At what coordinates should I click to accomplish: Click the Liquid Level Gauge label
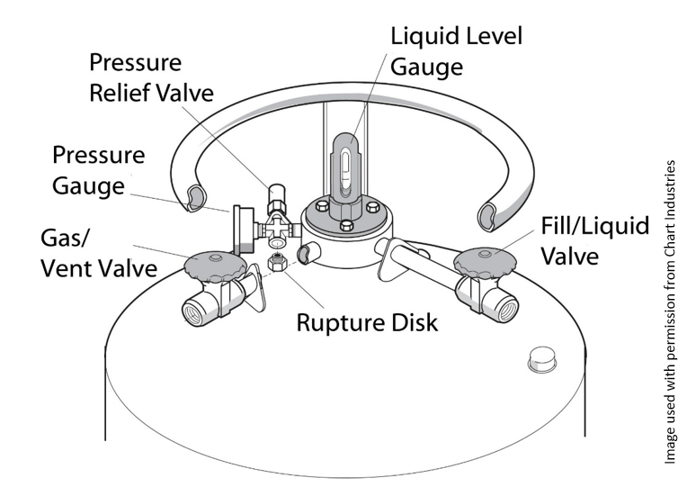[455, 51]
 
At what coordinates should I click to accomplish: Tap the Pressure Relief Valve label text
[151, 78]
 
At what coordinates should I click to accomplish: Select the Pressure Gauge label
[98, 170]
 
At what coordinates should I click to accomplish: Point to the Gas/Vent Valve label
[98, 254]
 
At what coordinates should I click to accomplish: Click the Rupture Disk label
[367, 321]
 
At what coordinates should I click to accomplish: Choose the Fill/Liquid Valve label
[595, 240]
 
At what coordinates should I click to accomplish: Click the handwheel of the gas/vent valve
[214, 266]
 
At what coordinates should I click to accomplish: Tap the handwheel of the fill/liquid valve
[484, 263]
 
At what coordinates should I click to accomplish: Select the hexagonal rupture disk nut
[279, 263]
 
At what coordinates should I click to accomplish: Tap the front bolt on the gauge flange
[345, 226]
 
